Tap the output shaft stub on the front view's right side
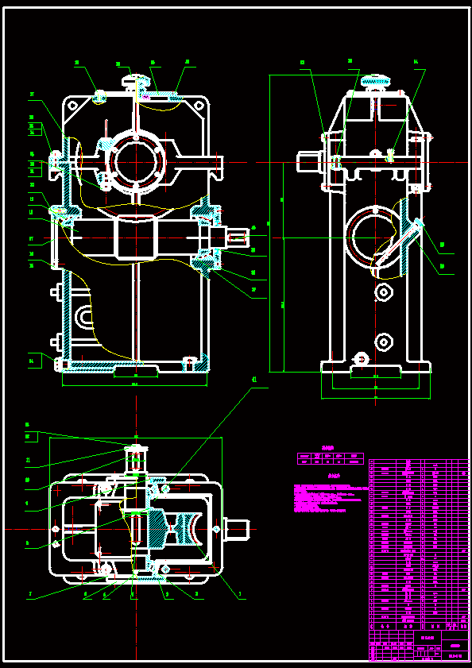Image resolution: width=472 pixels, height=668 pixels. [236, 235]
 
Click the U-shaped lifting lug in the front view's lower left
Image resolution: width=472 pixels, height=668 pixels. [83, 319]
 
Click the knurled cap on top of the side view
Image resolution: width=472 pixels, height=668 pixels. [376, 80]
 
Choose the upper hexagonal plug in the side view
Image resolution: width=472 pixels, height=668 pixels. [385, 294]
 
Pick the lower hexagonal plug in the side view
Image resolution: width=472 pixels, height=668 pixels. [385, 342]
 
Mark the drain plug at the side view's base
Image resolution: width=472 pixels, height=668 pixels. [360, 360]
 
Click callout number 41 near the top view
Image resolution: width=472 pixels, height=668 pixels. [254, 380]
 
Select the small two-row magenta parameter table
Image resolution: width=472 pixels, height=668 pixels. [330, 458]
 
